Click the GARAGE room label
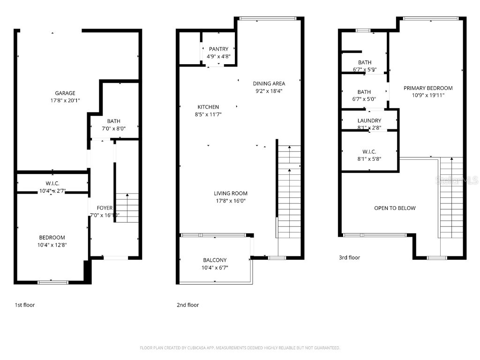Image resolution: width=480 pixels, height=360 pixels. pos(65,93)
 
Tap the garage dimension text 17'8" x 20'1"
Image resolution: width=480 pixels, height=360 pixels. pos(65,100)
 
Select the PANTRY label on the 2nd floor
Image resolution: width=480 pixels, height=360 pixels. pos(218,49)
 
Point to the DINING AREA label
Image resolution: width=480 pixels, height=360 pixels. pos(269,83)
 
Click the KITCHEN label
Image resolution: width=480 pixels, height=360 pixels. pos(208,107)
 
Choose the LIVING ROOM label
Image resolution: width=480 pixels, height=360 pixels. pos(230,193)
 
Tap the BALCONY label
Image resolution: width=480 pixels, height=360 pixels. pos(215,260)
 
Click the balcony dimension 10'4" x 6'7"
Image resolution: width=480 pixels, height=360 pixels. pos(215,268)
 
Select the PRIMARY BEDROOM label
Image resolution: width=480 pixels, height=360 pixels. pos(428,88)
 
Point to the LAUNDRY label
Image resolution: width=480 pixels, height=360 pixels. pos(369,120)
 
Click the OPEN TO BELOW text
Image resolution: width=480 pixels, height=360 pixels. pos(395,208)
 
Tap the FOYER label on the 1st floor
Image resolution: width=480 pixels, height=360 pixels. pos(105,208)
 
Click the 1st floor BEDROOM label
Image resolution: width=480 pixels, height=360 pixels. pos(52,238)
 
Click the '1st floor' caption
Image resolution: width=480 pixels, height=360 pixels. pos(25,305)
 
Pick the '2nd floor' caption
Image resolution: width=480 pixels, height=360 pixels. pos(187,305)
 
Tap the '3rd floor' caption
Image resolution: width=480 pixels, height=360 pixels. pos(349,257)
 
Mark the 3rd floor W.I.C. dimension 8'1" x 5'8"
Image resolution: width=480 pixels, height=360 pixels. pos(369,159)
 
